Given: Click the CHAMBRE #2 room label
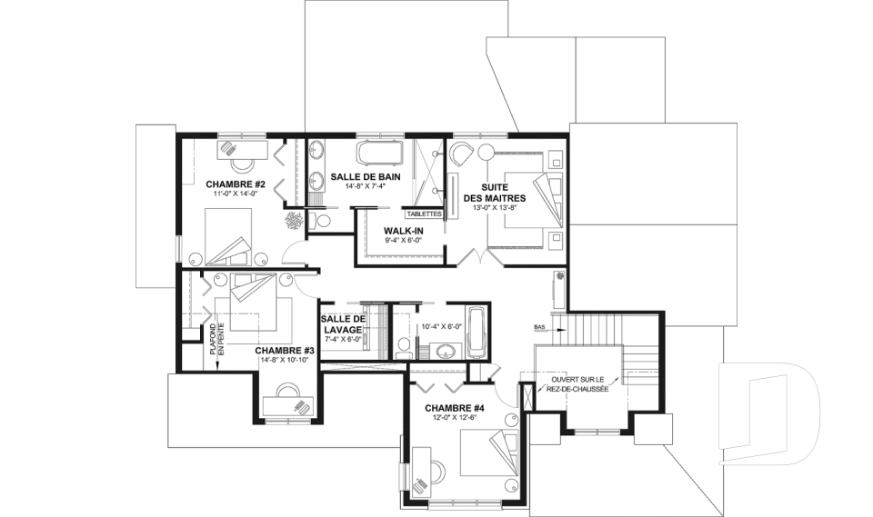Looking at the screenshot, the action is [x=235, y=184].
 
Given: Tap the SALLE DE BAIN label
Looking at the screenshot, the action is [x=366, y=176].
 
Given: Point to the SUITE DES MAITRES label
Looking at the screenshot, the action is [x=495, y=193].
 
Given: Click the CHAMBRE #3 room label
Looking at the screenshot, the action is [x=285, y=351].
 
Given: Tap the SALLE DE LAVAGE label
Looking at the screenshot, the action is [x=343, y=323].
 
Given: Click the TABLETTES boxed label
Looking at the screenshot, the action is [x=424, y=214].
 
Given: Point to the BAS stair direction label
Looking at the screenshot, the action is [x=539, y=327].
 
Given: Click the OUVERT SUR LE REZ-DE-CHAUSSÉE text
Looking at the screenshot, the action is [x=579, y=384].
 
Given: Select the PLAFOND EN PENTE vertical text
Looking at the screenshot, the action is [x=216, y=339].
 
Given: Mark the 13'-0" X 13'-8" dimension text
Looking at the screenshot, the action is [x=495, y=207].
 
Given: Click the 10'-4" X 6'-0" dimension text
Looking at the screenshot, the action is [x=442, y=327].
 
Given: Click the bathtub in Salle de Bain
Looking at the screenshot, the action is [x=380, y=153].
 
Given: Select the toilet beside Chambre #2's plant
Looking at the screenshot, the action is [x=319, y=221].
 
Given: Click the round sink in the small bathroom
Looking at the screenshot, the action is [x=445, y=351].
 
